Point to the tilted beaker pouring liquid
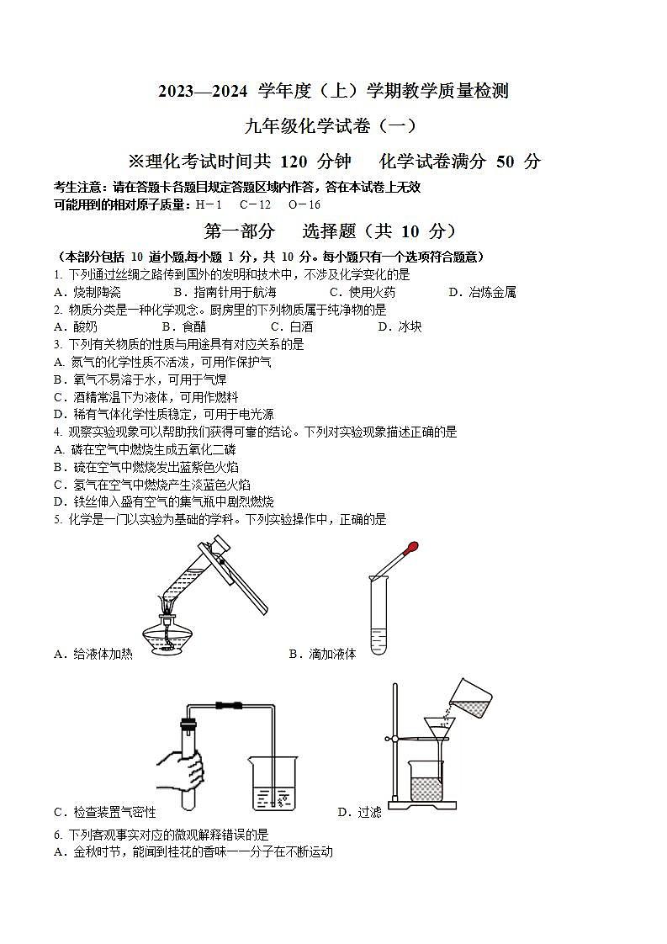pos(469,698)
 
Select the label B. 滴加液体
pos(322,654)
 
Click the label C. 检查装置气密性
pos(104,812)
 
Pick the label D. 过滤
pos(359,812)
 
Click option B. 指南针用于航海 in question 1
pos(224,292)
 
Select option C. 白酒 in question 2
pos(291,326)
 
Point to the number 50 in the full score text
pos(505,162)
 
